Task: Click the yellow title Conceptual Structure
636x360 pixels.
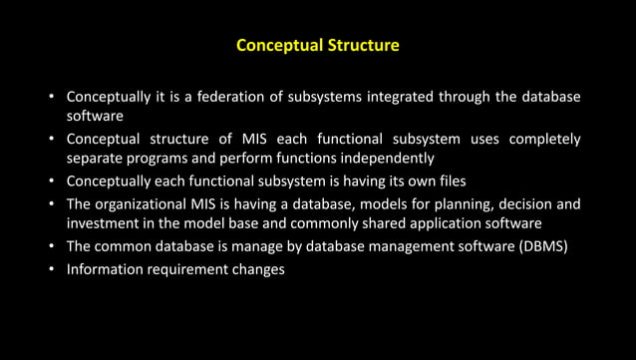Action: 317,46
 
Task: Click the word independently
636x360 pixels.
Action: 386,158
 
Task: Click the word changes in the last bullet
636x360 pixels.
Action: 260,269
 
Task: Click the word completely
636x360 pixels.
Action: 544,139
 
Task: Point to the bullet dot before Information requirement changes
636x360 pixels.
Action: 51,270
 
